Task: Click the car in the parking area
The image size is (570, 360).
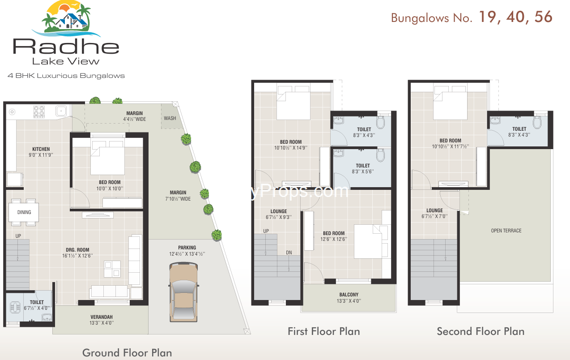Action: (x=183, y=292)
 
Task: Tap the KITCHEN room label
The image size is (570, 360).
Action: (x=41, y=149)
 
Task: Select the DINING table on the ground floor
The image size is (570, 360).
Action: (x=24, y=212)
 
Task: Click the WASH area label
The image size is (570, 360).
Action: (x=170, y=118)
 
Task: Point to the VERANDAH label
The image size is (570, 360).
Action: (x=102, y=317)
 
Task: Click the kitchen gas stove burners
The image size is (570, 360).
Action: (x=39, y=112)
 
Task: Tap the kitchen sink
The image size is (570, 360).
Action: (x=61, y=111)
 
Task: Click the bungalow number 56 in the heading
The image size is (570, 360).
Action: (x=543, y=17)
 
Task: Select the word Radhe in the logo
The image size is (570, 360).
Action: (x=66, y=46)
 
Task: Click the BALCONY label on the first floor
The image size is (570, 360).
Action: (x=349, y=295)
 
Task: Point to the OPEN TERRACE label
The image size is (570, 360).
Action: (x=506, y=231)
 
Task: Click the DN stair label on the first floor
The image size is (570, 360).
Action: (x=289, y=253)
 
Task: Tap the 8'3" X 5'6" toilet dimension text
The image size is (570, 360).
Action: (x=362, y=171)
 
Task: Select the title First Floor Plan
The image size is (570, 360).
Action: (x=324, y=331)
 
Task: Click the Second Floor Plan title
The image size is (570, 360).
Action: (x=481, y=331)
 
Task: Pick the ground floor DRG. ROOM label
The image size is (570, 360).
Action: (x=77, y=250)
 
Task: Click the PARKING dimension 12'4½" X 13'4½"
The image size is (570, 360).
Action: (x=187, y=254)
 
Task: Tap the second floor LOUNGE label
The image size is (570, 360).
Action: (x=434, y=210)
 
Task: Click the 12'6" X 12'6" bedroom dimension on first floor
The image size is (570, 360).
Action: (x=334, y=239)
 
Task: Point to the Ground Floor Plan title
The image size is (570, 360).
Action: (x=127, y=353)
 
